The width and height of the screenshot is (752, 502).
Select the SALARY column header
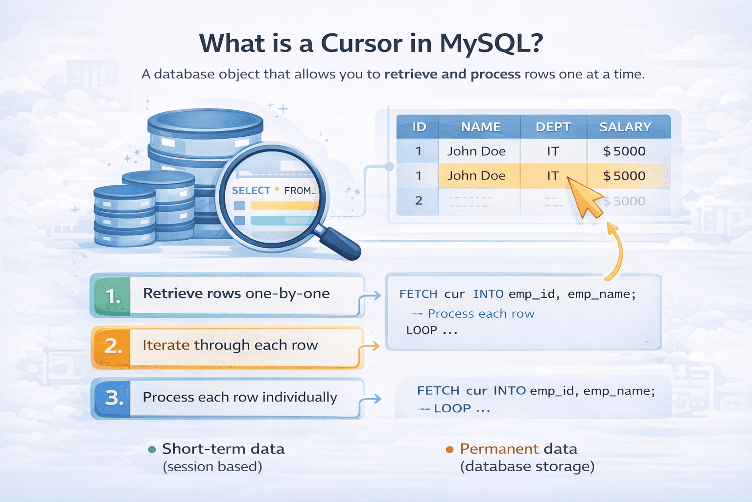(625, 127)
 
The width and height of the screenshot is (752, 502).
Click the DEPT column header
(553, 127)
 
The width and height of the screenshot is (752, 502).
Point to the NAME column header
(480, 127)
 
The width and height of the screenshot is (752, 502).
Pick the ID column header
(419, 127)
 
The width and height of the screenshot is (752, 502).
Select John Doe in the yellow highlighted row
(476, 176)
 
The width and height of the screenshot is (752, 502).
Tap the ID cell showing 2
(419, 201)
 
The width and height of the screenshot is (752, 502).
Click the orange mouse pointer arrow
(584, 198)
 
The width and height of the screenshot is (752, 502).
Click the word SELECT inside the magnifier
(251, 191)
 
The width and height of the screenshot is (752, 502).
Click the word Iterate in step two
(166, 345)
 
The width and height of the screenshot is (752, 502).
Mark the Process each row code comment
(480, 314)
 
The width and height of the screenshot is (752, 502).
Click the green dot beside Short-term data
(152, 450)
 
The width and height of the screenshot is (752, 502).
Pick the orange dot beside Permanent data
(449, 450)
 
